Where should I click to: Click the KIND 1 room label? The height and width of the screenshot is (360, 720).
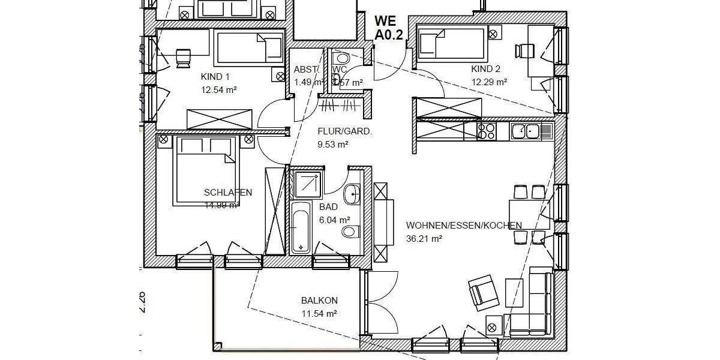pos(215,77)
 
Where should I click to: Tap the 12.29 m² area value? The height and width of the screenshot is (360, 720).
pos(489,82)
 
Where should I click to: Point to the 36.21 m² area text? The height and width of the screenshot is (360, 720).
pos(424,238)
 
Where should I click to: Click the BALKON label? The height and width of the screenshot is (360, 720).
pos(319,301)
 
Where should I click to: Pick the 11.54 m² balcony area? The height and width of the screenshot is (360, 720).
pos(319,313)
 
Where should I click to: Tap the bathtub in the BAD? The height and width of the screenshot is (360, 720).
pos(300,228)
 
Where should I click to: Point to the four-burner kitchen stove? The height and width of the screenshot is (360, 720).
pos(486,130)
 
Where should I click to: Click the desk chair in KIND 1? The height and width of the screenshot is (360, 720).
pos(182,56)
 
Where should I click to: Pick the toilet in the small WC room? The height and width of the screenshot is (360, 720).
pos(341,58)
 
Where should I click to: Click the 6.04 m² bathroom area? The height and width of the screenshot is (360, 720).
pos(334,220)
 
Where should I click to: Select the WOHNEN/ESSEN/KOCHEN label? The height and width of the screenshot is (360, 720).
pos(464,226)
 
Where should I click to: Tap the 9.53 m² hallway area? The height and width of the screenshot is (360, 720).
pos(333,144)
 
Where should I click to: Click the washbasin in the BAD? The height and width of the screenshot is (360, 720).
pos(352,193)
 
